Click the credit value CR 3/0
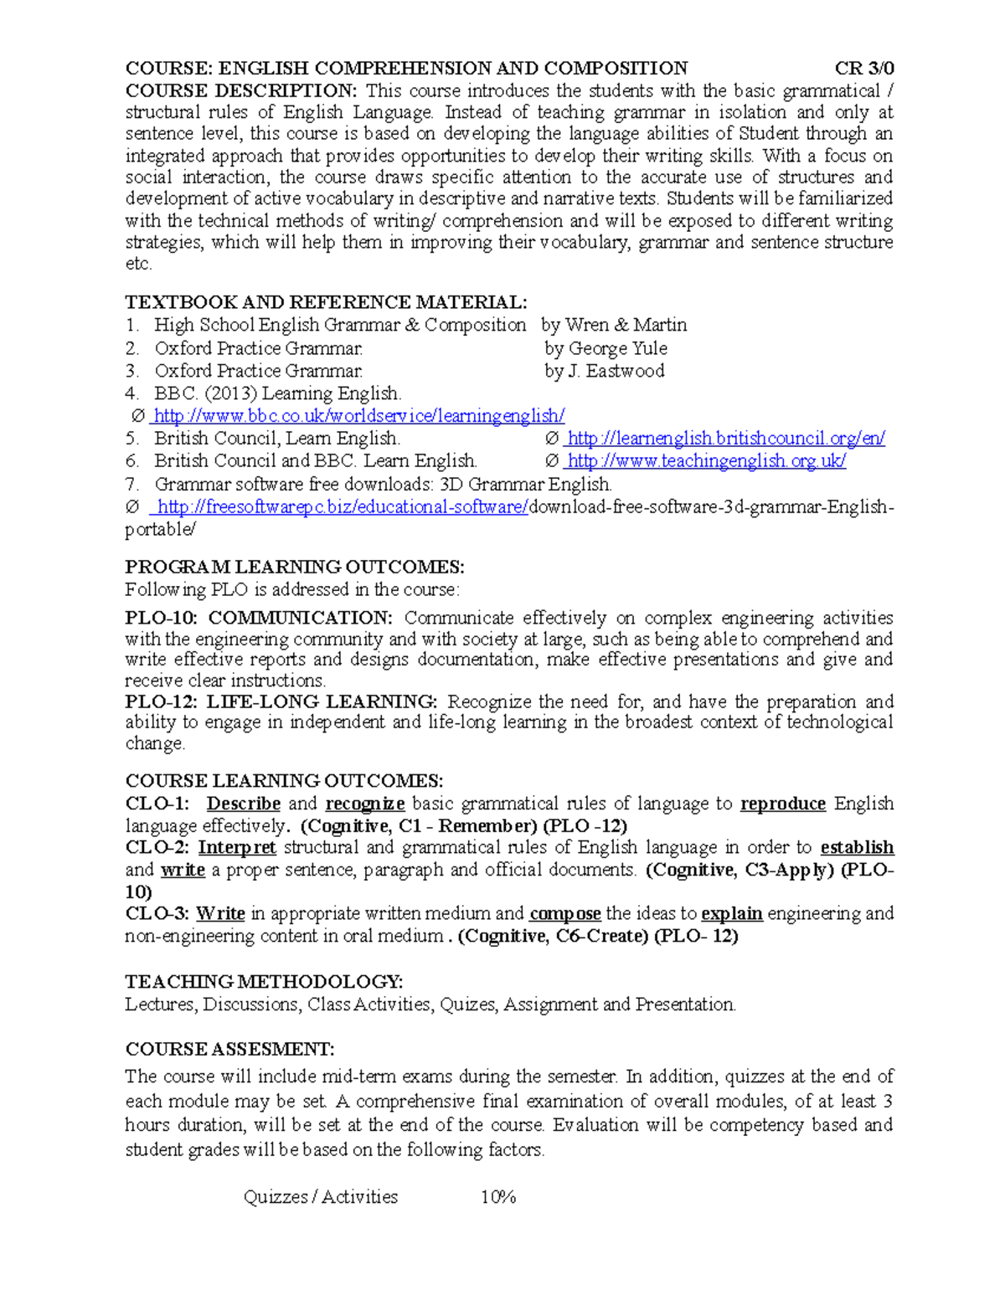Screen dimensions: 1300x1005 (863, 69)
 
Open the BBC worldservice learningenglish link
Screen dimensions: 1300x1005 (359, 416)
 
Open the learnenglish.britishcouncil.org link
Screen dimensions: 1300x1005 (725, 439)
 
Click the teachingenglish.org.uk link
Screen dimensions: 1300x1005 (706, 461)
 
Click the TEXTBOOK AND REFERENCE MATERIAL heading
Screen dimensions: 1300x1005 (326, 302)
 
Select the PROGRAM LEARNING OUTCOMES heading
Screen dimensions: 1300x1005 (294, 568)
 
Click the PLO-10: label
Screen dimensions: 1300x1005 (161, 618)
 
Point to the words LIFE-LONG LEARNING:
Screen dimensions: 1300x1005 (322, 701)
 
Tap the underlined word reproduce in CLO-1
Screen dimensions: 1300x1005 (783, 804)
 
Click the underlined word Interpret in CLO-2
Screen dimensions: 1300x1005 (237, 847)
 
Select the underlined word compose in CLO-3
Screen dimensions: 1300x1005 (565, 913)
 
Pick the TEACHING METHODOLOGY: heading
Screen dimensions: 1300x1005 (264, 981)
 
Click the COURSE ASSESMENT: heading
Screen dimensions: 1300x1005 (229, 1049)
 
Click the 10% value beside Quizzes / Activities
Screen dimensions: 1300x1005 (497, 1197)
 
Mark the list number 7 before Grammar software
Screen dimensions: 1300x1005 (131, 485)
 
